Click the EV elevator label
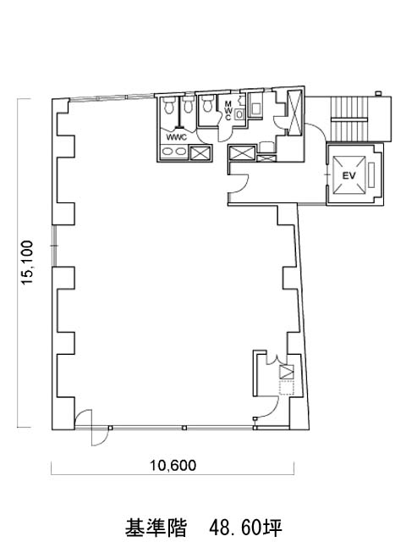tap(348, 175)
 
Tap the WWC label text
tap(177, 137)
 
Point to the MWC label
tap(228, 111)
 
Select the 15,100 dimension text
tap(27, 263)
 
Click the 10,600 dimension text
tap(173, 466)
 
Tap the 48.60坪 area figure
tap(246, 528)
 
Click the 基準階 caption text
tap(156, 528)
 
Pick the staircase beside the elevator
tap(348, 119)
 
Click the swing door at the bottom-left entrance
tap(91, 428)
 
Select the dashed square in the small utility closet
tap(286, 388)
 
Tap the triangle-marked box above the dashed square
tap(286, 372)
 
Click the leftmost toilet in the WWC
tap(169, 105)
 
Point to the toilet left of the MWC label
tap(207, 103)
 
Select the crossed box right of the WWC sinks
tap(200, 152)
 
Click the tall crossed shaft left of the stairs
tap(295, 112)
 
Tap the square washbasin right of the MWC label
tap(239, 113)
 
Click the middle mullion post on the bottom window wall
tap(184, 428)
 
